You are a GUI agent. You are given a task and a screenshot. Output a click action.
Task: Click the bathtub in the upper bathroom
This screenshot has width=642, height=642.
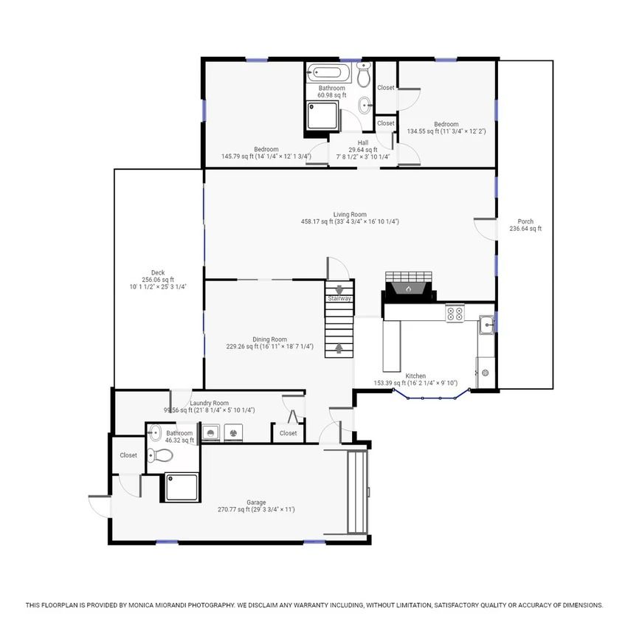tap(328, 73)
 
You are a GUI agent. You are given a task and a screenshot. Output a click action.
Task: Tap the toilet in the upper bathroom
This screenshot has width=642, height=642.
tap(364, 75)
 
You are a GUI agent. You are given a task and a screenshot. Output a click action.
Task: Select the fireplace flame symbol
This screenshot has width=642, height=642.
tap(408, 289)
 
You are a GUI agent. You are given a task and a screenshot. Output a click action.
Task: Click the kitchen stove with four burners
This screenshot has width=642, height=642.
tap(455, 314)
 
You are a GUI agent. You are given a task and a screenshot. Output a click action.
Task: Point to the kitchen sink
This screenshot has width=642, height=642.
tap(487, 325)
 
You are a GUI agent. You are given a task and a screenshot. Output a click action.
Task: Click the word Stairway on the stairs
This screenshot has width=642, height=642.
tap(339, 298)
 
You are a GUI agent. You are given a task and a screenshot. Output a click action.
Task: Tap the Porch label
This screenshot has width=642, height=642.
tap(525, 221)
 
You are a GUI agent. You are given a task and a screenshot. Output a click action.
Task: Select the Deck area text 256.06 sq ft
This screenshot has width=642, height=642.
tap(158, 280)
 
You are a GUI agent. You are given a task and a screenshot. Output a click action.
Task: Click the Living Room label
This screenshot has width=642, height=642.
tap(350, 215)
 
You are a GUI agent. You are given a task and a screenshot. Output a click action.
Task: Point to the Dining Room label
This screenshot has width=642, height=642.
tap(269, 339)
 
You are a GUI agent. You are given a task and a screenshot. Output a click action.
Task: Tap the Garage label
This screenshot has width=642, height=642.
tap(256, 503)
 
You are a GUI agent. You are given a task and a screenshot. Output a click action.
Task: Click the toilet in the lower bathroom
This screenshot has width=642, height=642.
tap(160, 455)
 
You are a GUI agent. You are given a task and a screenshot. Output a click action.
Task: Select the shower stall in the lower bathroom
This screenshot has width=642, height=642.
tap(182, 487)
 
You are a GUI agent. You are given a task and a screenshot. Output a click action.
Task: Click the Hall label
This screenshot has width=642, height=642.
tap(363, 143)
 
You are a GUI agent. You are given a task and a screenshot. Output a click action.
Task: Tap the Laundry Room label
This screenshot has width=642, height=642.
tap(210, 403)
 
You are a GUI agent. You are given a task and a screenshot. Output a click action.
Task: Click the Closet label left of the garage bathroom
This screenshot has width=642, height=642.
tap(128, 455)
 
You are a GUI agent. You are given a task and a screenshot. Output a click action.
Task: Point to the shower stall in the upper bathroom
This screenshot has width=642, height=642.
tap(323, 115)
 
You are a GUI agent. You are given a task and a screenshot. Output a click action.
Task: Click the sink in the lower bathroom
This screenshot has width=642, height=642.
tap(155, 432)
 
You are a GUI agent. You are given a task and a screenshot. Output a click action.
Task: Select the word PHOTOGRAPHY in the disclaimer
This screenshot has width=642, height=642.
tap(211, 605)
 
